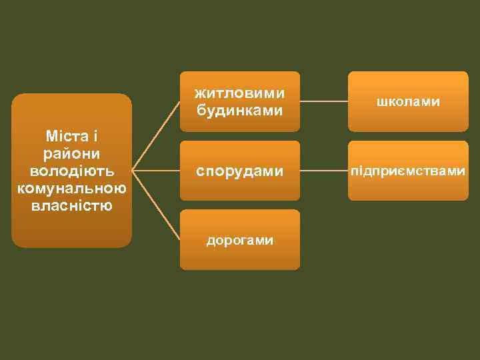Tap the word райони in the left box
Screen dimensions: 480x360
[x=71, y=153]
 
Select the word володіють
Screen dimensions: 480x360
[x=71, y=171]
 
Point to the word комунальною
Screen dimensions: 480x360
[x=71, y=188]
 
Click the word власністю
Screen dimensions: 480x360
[x=71, y=205]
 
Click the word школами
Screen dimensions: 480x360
[x=408, y=102]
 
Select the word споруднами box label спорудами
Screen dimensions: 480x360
[x=240, y=171]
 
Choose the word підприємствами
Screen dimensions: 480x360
[x=408, y=171]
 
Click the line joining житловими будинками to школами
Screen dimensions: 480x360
[x=324, y=102]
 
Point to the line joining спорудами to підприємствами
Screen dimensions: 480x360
[x=324, y=171]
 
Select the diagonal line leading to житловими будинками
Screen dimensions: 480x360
[x=156, y=136]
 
